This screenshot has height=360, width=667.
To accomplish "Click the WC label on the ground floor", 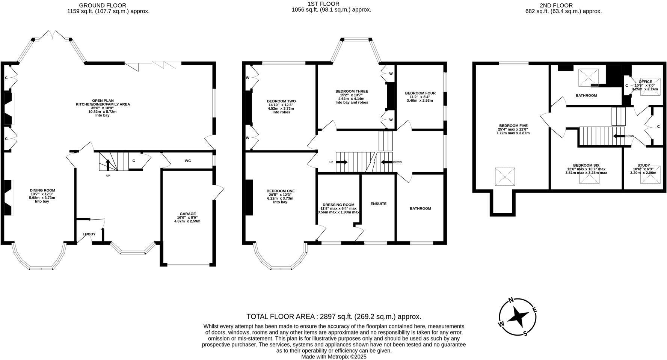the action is pos(188,161).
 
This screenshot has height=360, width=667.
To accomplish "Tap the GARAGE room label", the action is pos(187,214).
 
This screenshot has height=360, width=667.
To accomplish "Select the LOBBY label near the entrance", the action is pos(89,234).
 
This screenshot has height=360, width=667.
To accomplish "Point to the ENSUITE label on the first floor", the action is pos(378,204).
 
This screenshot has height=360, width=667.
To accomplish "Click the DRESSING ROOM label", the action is pos(338,205).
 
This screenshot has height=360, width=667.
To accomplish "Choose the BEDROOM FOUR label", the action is pos(420,93).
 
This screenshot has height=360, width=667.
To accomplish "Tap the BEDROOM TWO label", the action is pos(281,101).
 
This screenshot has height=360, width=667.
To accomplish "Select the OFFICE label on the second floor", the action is pos(645,81).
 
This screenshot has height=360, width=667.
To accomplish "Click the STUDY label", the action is pos(643,165).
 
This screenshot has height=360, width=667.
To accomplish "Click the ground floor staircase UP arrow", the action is pos(108,165).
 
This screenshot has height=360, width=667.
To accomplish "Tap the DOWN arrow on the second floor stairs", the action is pos(619,136).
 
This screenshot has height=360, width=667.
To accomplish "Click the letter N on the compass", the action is pos(511,300).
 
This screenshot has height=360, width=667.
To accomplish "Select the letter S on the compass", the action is pos(525,333).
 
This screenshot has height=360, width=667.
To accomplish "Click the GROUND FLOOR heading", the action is pos(103,5).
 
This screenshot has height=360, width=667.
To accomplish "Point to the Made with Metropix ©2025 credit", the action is pos(334,357).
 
